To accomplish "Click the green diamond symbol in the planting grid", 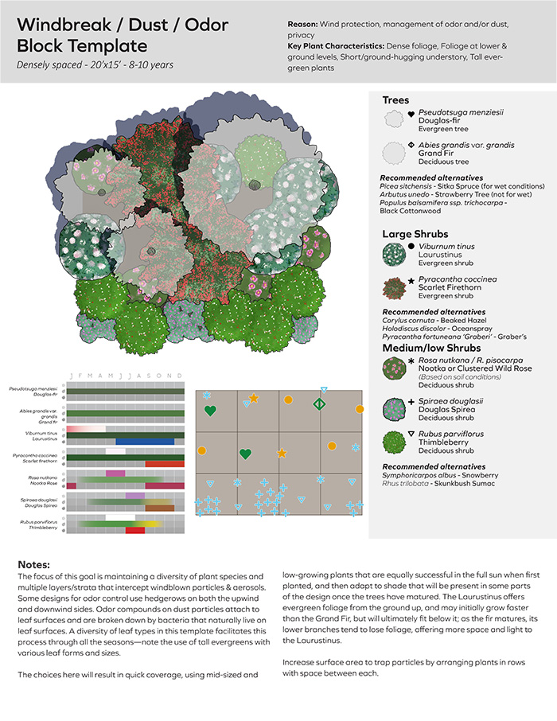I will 318,405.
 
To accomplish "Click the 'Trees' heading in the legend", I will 396,100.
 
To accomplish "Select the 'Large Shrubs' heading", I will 415,234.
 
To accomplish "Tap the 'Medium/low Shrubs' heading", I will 432,348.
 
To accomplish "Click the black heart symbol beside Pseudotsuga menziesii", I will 411,115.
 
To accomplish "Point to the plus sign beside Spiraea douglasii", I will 411,402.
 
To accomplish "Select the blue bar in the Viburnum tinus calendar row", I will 145,441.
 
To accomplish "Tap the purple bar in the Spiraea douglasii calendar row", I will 134,495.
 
